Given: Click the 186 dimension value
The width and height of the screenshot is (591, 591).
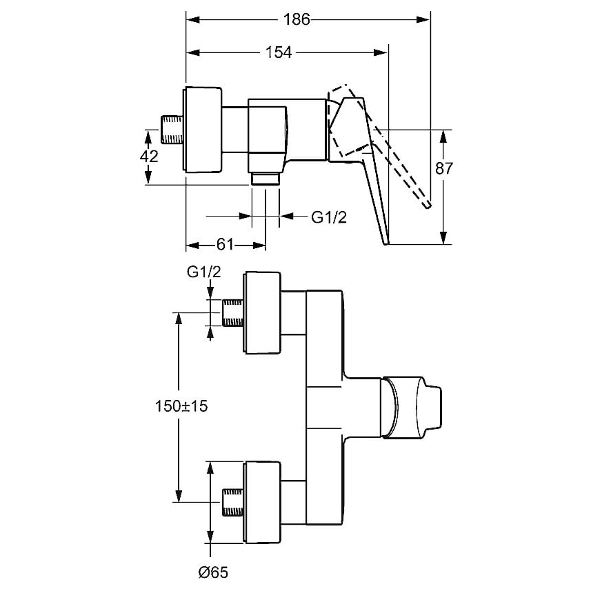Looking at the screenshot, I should [x=297, y=20].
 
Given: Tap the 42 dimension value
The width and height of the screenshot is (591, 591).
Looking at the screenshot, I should [x=149, y=156].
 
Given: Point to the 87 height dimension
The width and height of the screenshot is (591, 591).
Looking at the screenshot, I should [x=443, y=168].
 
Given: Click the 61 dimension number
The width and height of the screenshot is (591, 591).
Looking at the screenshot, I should [x=226, y=244].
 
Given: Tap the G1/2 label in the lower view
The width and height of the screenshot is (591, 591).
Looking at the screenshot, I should [x=204, y=272].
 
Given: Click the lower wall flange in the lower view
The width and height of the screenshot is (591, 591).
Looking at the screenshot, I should [x=263, y=501].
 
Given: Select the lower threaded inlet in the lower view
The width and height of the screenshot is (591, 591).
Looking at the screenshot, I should [x=233, y=501].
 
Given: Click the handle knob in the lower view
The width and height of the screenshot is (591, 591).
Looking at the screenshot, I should [x=410, y=407].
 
